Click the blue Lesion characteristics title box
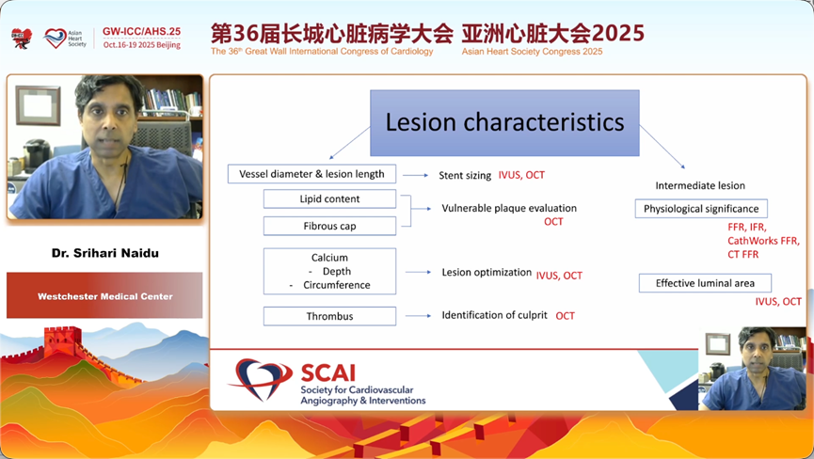(504, 123)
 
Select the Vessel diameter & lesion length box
(311, 174)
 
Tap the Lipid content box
(329, 198)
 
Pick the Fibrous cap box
(329, 226)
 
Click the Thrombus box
(329, 316)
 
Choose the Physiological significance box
(701, 209)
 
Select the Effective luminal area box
(705, 283)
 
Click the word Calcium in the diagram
(329, 258)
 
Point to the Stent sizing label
(465, 175)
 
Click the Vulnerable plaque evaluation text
(509, 208)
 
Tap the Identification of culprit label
(494, 315)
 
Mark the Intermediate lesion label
(700, 185)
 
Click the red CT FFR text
(742, 254)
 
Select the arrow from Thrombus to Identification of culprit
(419, 316)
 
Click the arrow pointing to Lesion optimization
(419, 272)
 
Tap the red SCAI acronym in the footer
(328, 372)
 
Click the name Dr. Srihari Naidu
(104, 253)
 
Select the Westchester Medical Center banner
(104, 295)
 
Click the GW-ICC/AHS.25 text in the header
(142, 31)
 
